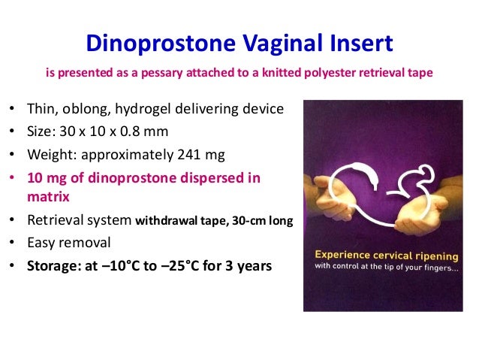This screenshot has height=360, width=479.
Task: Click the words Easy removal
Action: coord(68,242)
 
